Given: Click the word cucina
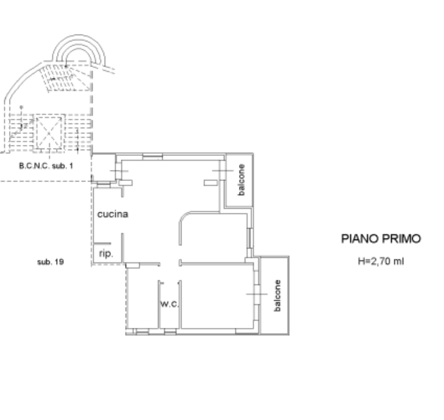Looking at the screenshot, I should tap(113, 214).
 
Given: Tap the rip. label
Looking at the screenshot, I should tap(106, 254).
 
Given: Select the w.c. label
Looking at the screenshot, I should tap(169, 304).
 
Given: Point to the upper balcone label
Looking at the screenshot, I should tap(241, 179).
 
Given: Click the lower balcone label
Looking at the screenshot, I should tap(278, 296).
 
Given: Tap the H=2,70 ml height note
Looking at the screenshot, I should tap(381, 261).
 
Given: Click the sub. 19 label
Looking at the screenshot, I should tap(50, 261).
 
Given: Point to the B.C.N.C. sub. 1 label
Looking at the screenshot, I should tap(46, 166).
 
